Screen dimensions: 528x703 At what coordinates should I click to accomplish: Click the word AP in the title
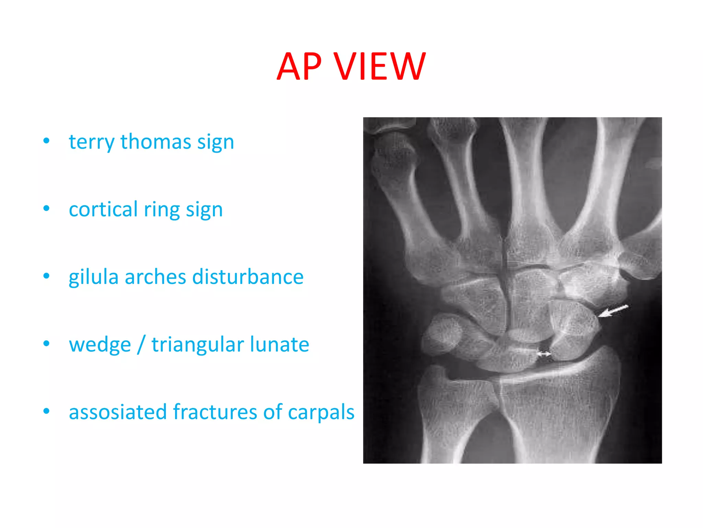pos(299,67)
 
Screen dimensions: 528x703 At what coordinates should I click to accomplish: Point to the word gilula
pos(93,277)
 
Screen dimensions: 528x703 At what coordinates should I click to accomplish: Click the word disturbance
pos(248,277)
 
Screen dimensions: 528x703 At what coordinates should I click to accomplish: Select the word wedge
pos(100,345)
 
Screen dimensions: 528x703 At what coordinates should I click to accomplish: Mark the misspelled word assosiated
pos(118,412)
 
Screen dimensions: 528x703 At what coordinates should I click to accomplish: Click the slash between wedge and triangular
pos(141,344)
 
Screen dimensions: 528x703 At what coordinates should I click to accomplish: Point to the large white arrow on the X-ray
pos(613,311)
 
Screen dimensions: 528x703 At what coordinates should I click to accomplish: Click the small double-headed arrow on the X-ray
pos(543,353)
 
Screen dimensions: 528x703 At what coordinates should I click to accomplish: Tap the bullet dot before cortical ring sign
pos(46,208)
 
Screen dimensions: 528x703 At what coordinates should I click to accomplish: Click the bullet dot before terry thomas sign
pos(46,141)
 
